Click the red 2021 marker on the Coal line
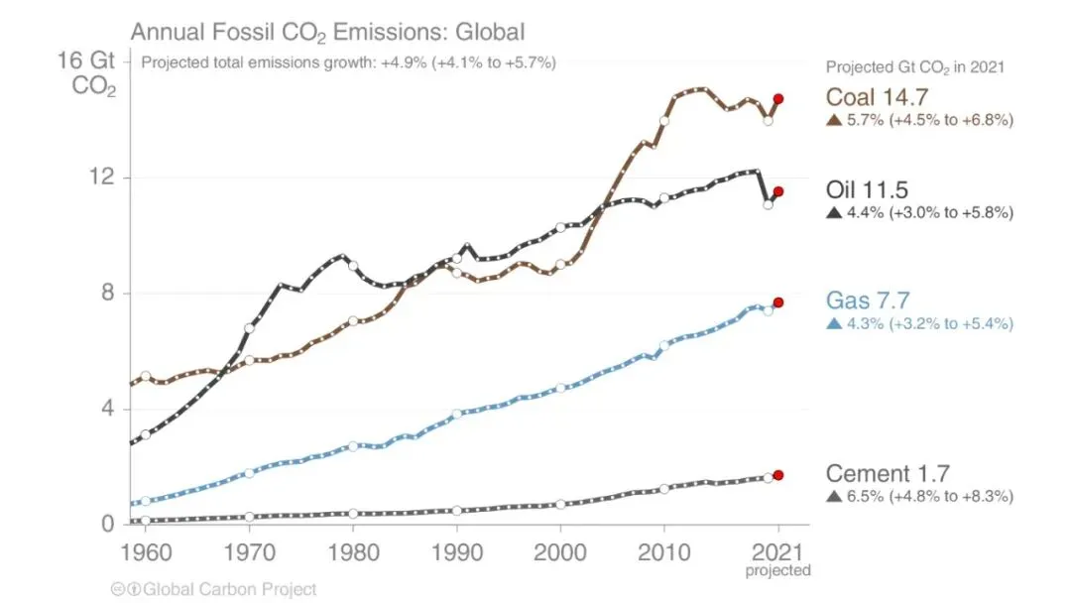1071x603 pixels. (778, 99)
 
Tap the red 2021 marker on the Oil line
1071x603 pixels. (778, 191)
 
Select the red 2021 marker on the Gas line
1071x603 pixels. (778, 302)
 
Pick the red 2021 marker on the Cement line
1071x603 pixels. (778, 475)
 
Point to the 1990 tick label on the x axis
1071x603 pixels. (456, 550)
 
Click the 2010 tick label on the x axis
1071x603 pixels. (663, 550)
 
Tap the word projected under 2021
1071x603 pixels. (778, 570)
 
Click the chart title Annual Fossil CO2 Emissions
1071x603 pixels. (327, 32)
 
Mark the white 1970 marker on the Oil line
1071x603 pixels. (249, 327)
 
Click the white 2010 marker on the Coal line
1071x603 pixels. (664, 120)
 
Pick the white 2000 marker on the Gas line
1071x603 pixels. (560, 388)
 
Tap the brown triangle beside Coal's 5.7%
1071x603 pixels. (833, 121)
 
